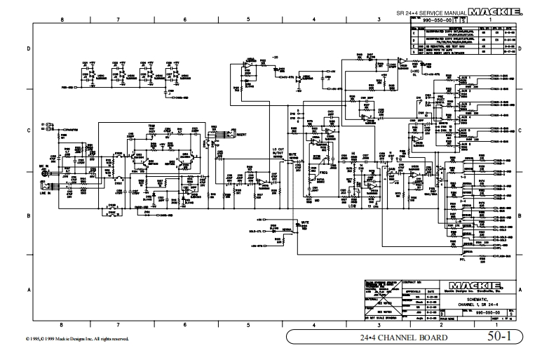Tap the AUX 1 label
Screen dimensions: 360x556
pyautogui.click(x=464, y=79)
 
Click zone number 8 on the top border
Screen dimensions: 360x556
pyautogui.click(x=62, y=20)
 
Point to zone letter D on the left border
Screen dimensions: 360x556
pyautogui.click(x=28, y=48)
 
